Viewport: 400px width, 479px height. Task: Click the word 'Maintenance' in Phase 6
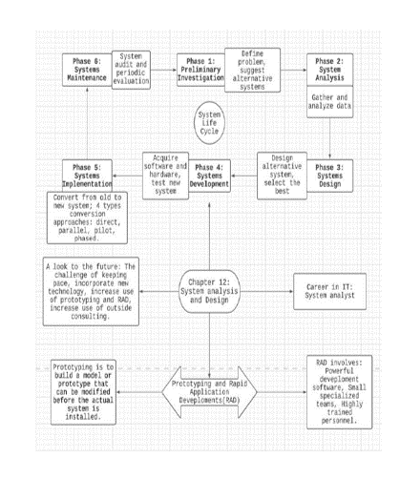(x=86, y=76)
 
